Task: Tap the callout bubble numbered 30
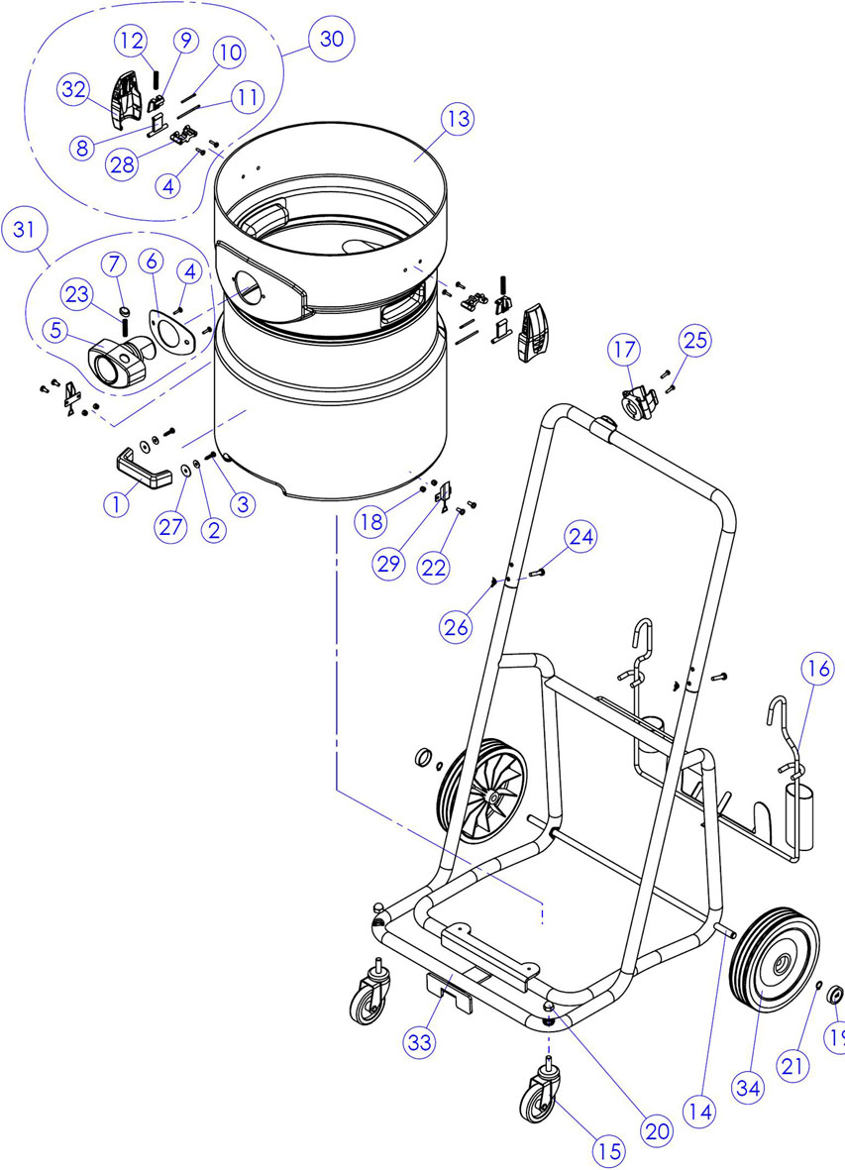click(331, 39)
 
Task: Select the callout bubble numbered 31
click(24, 230)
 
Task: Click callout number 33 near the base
click(420, 1042)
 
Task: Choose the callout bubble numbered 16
click(819, 670)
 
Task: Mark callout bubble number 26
click(457, 627)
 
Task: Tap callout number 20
click(657, 1131)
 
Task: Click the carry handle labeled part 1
click(144, 469)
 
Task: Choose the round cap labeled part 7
click(125, 310)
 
